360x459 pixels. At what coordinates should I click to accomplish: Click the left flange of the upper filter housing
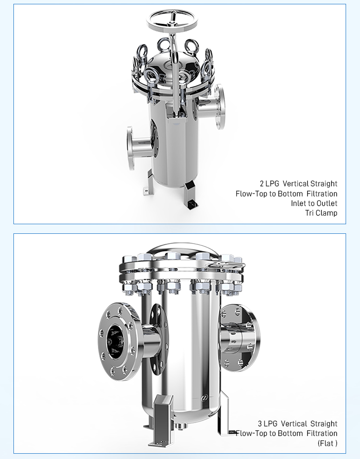point(131,148)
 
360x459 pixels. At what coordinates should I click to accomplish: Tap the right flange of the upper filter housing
point(221,107)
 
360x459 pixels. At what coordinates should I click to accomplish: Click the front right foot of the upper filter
point(190,194)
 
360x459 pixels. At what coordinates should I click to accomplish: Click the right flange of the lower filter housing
point(240,338)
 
